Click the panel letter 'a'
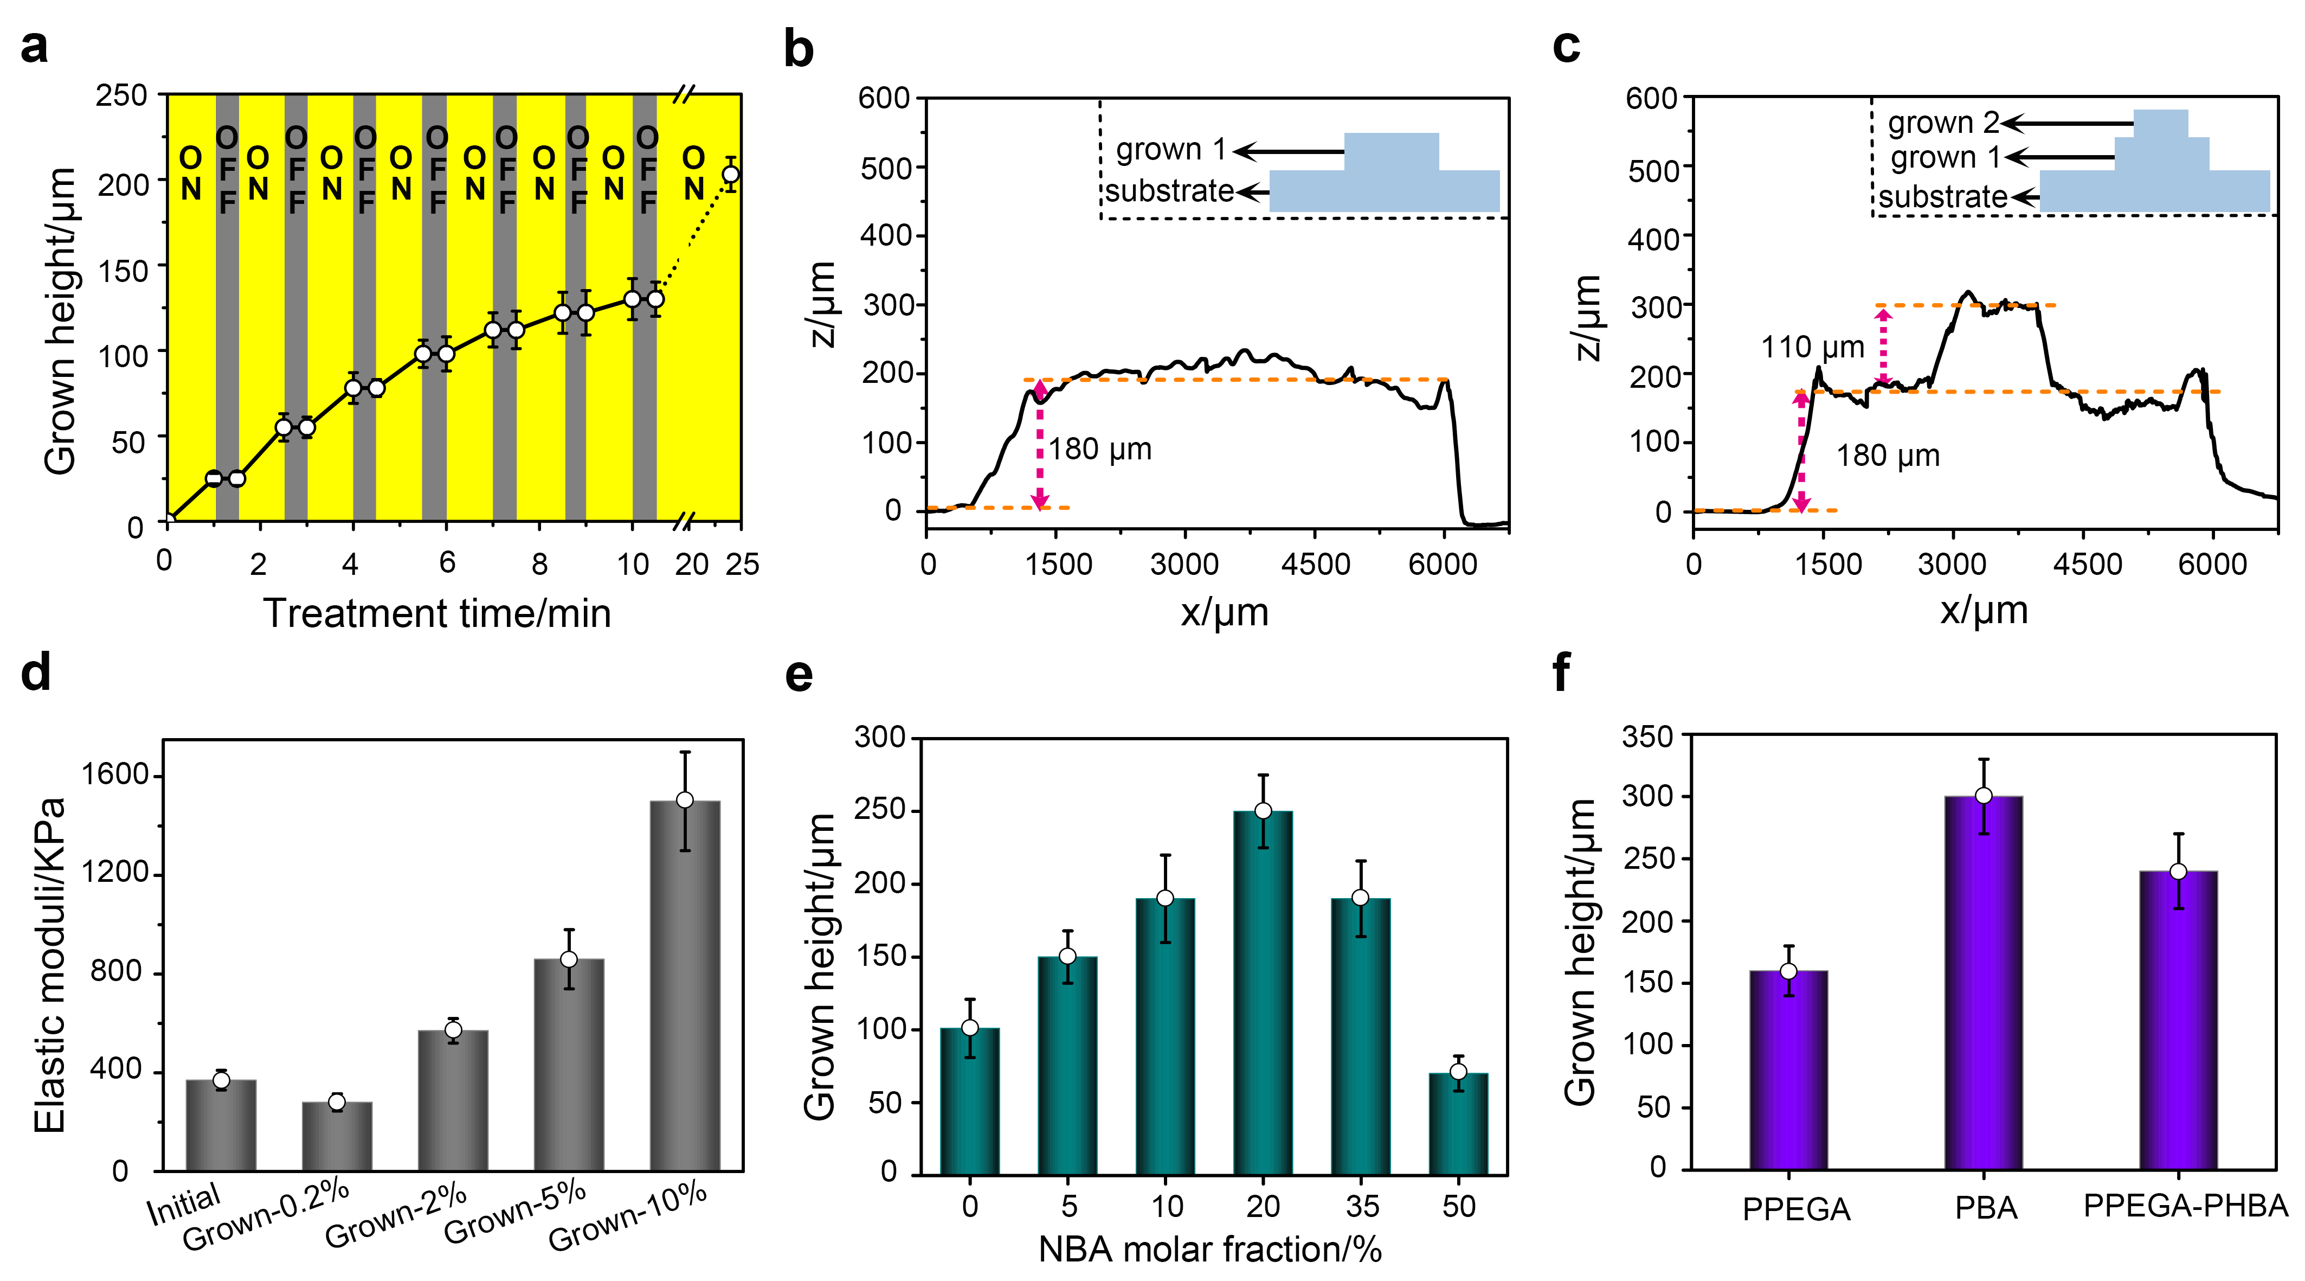click(34, 47)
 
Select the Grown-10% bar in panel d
click(685, 985)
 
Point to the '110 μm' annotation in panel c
click(1812, 347)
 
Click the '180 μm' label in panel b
click(1100, 450)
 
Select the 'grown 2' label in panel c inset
click(1942, 123)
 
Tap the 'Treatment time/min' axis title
click(437, 614)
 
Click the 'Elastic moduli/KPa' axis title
click(50, 965)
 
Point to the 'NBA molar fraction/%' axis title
click(1210, 1249)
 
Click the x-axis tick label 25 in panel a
click(742, 565)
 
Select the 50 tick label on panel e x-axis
click(1459, 1207)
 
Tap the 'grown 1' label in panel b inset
click(1169, 150)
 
